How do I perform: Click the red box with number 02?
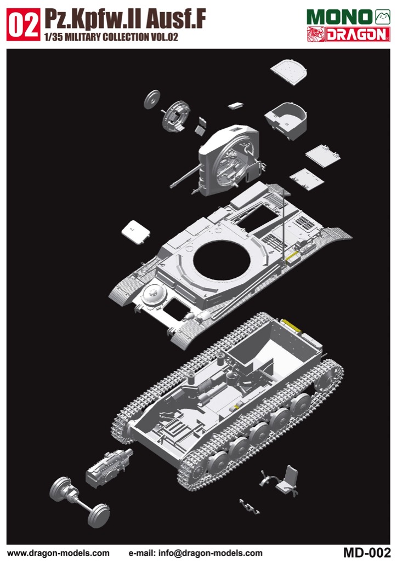pyautogui.click(x=23, y=24)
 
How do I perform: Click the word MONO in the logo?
pyautogui.click(x=339, y=17)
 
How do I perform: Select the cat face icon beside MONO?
pyautogui.click(x=382, y=17)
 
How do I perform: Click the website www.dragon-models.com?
pyautogui.click(x=58, y=553)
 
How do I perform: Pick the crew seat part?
pyautogui.click(x=288, y=480)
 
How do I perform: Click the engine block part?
pyautogui.click(x=109, y=468)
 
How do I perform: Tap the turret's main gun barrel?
pyautogui.click(x=184, y=177)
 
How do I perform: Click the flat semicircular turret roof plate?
pyautogui.click(x=289, y=72)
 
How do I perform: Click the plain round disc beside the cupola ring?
pyautogui.click(x=152, y=99)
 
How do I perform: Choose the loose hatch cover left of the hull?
pyautogui.click(x=135, y=232)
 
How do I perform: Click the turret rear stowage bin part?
pyautogui.click(x=286, y=121)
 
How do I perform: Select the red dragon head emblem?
pyautogui.click(x=315, y=35)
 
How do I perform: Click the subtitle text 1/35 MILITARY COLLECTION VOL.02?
pyautogui.click(x=111, y=37)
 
